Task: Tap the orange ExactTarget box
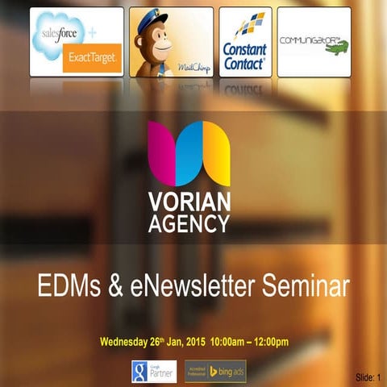(90, 57)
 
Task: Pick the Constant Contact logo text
(245, 56)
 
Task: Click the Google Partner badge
(155, 370)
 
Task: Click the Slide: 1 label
(368, 377)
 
